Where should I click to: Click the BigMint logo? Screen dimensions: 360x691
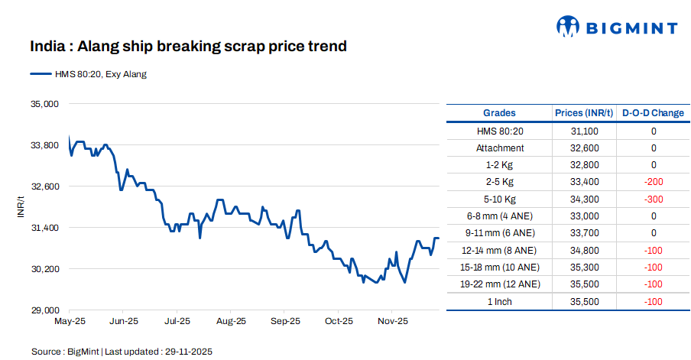pos(616,28)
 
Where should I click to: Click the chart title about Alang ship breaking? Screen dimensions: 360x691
pos(188,47)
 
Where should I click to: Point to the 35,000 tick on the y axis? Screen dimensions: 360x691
pos(43,103)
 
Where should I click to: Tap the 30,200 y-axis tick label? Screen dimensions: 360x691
pos(43,269)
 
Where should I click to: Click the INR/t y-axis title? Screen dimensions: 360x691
pos(21,206)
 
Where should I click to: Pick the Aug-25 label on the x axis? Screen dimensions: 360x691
pos(231,322)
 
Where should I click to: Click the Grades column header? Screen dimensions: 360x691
pos(499,113)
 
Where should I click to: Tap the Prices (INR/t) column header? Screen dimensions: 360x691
pos(584,113)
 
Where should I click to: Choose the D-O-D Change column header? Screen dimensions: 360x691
pos(653,113)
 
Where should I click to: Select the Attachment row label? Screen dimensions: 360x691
pos(500,148)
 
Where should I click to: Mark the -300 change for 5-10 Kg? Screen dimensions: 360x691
pos(653,199)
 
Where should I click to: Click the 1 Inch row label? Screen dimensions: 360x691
pos(500,301)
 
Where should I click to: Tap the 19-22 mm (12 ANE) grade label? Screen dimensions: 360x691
pos(500,284)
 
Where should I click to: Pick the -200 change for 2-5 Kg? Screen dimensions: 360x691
pos(653,182)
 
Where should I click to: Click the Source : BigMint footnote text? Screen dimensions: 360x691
pos(122,352)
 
